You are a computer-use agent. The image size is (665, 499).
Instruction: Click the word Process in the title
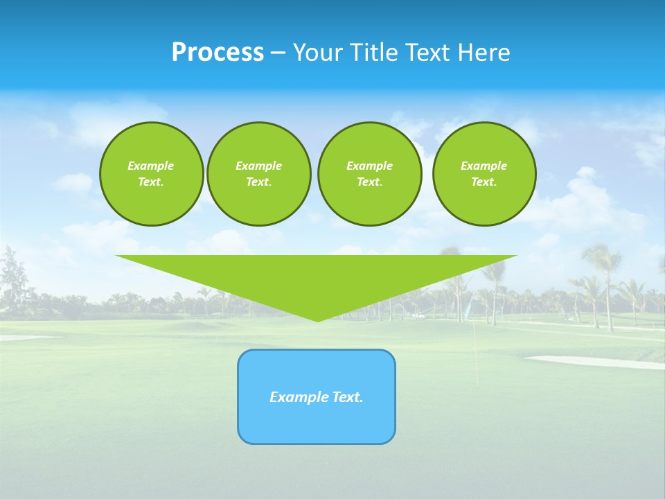click(218, 53)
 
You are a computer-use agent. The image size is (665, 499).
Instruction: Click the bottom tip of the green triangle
click(317, 320)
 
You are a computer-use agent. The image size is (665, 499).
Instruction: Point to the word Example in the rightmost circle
click(484, 166)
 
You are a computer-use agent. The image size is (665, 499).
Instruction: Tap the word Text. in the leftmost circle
click(151, 182)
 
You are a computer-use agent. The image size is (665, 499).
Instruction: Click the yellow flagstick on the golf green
click(476, 357)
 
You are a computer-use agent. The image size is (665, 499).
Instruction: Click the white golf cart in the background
click(418, 315)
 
